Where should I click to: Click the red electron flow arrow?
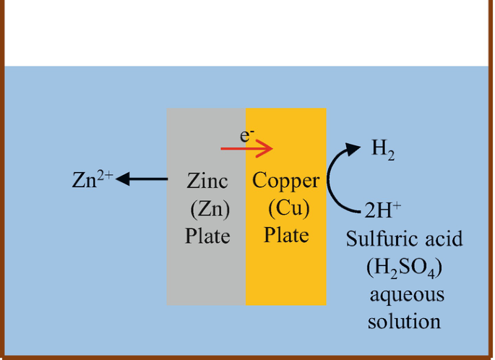[246, 150]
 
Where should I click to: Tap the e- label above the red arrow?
[247, 135]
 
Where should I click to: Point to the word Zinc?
[207, 180]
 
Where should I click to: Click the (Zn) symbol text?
[209, 208]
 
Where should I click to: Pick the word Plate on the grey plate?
[207, 236]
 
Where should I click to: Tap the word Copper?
[285, 180]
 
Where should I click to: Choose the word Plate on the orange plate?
[286, 236]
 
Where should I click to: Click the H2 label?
[383, 150]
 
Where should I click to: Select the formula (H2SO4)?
[404, 267]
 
